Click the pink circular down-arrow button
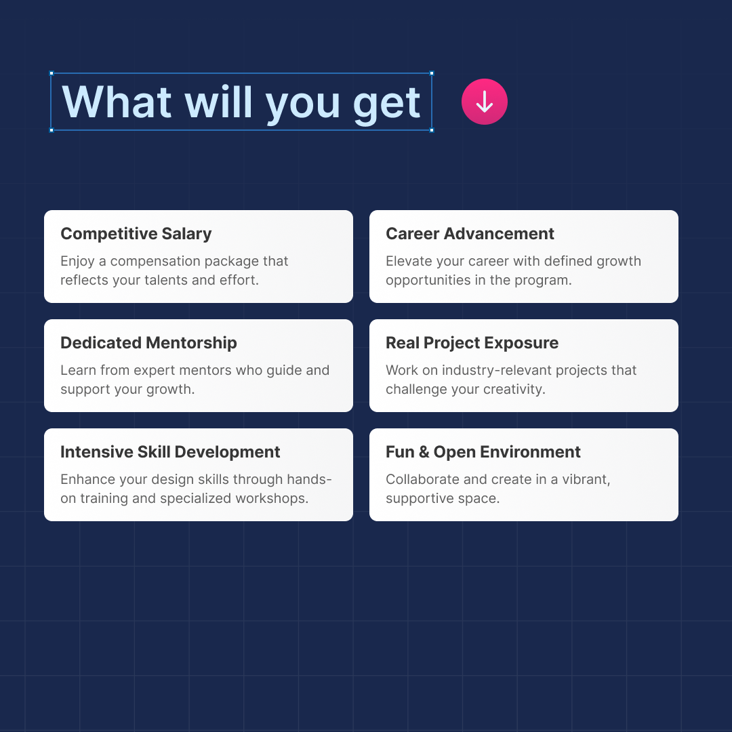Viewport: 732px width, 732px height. coord(484,102)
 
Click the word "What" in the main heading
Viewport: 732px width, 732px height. coord(117,102)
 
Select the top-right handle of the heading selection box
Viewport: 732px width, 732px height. coord(432,73)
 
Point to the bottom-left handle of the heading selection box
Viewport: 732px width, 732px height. coord(52,130)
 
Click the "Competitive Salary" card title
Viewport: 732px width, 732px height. coord(136,233)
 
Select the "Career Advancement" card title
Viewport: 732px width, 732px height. coord(470,233)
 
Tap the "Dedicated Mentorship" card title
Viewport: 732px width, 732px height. coord(148,343)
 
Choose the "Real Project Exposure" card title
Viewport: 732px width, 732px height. coord(472,343)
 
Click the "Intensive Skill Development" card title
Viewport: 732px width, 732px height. coord(170,452)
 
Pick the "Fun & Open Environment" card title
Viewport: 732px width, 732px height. coord(483,452)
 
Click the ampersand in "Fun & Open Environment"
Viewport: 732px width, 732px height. coord(424,452)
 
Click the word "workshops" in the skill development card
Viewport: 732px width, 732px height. coord(272,498)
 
